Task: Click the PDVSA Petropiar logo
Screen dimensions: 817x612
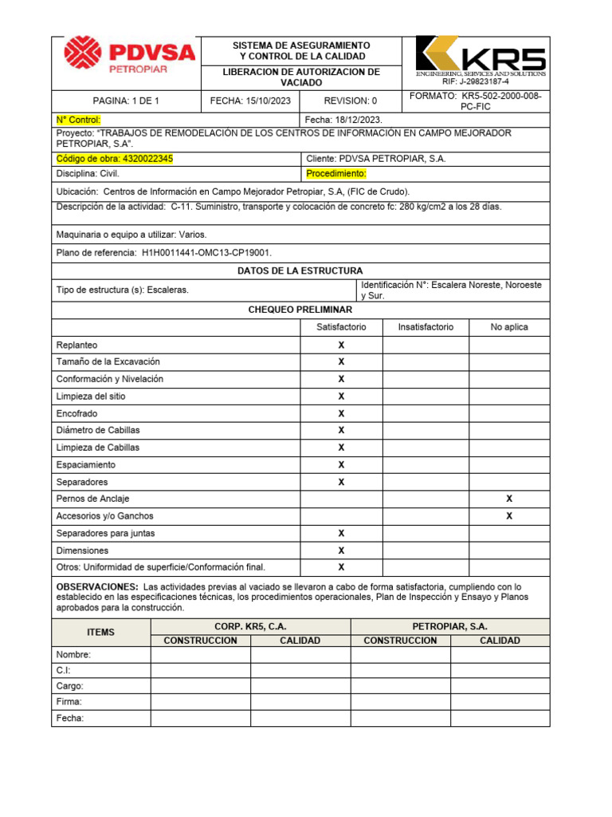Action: tap(129, 56)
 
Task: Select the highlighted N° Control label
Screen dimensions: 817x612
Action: tap(79, 119)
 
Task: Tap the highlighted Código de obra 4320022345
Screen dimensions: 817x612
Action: tap(115, 159)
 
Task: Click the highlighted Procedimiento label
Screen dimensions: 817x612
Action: tap(335, 173)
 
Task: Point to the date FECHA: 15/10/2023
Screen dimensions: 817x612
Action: tap(249, 101)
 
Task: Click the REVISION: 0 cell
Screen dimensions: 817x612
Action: tap(350, 101)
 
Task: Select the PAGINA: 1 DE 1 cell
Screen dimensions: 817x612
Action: tap(126, 101)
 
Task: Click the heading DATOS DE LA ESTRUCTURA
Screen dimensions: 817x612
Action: tap(300, 270)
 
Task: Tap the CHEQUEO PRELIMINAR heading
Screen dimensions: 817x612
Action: tap(300, 309)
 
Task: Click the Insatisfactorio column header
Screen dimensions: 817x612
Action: tap(426, 327)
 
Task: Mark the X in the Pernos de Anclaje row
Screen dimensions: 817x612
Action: tap(509, 499)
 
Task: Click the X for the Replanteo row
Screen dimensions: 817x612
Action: tap(341, 345)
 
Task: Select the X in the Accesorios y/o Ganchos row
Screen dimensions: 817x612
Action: tap(509, 516)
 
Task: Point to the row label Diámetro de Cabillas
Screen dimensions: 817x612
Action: tap(98, 430)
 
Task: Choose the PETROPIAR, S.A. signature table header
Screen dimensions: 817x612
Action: tap(449, 626)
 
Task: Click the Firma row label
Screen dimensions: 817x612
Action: tap(69, 702)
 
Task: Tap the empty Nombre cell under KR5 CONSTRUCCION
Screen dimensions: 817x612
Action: tap(200, 655)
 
